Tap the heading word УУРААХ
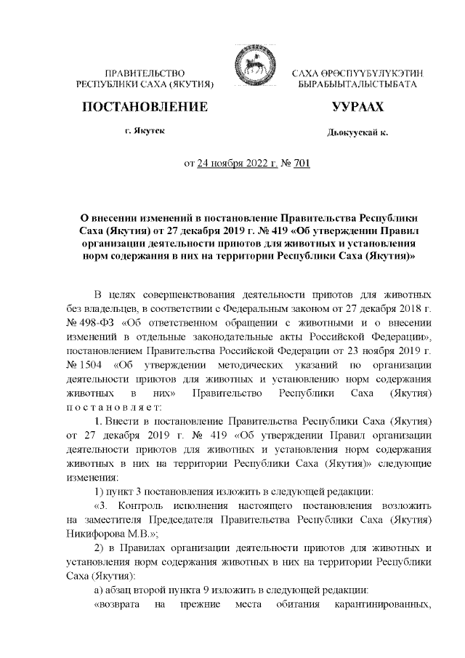point(357,108)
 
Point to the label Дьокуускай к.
point(357,133)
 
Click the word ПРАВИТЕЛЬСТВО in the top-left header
point(145,73)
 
